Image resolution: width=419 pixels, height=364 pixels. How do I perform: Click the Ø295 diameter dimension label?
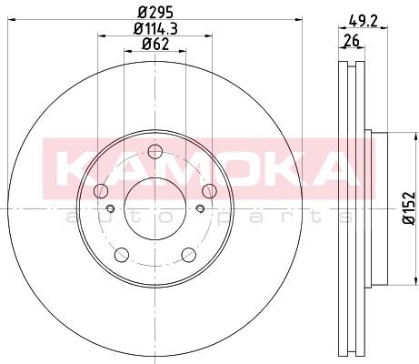click(155, 13)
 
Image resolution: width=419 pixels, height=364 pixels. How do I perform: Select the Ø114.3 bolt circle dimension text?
click(155, 29)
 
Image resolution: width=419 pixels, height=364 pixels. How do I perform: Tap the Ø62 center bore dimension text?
click(155, 45)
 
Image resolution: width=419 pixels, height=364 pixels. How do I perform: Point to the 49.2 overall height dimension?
click(363, 21)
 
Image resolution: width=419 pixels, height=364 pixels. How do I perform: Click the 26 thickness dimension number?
click(352, 40)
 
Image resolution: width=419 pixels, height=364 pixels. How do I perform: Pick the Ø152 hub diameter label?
click(409, 208)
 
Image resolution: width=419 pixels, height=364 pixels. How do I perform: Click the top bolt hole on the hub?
click(155, 151)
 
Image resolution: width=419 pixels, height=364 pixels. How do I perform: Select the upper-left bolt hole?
click(101, 191)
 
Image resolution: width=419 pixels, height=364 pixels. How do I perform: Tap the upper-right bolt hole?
click(209, 191)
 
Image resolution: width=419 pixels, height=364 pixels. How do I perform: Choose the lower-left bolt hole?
click(122, 255)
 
